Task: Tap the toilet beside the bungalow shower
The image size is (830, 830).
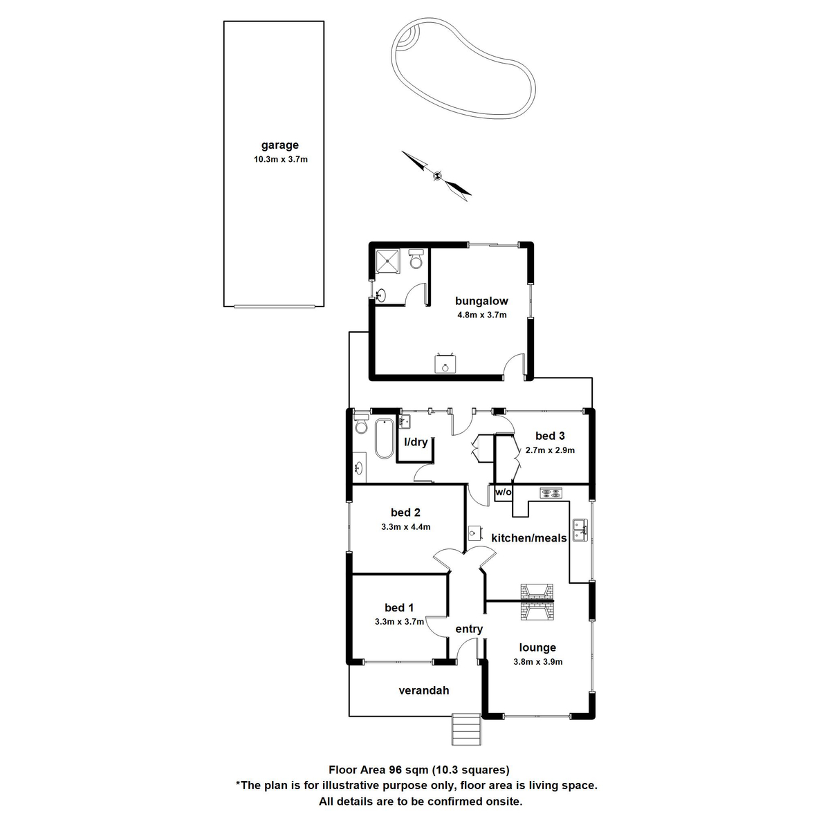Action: coord(416,259)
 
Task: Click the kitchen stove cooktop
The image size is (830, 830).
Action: coord(552,494)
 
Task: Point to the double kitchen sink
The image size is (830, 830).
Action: coord(581,531)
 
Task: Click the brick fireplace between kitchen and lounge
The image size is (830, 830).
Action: coord(537,601)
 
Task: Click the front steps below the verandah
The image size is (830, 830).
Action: coord(466,729)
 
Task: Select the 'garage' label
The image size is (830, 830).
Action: coord(279,145)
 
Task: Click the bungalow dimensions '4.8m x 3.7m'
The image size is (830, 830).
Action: coord(481,315)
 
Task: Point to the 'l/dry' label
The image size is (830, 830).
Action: coord(416,443)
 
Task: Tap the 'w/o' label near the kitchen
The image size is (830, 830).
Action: coord(503,492)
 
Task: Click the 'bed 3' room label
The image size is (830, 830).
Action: coord(550,436)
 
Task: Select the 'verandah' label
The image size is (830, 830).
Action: coord(424,690)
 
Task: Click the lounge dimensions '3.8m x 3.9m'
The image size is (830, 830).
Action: coord(537,662)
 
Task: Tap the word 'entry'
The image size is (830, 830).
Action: coord(469,629)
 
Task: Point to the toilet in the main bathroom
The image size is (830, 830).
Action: coord(361,425)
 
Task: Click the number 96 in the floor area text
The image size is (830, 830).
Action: coord(396,770)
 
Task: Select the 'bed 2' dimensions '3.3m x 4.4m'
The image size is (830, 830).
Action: coord(405,527)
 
